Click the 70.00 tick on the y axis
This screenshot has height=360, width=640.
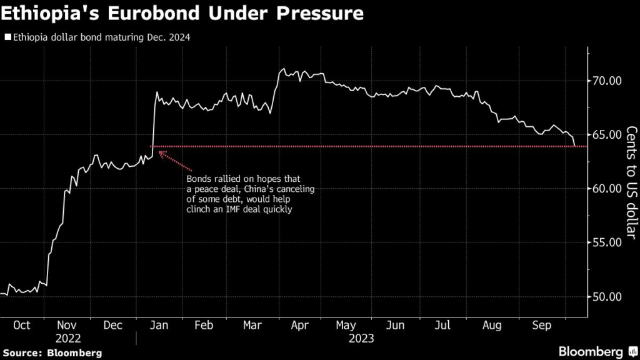tap(607, 81)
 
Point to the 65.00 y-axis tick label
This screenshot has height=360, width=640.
tap(607, 134)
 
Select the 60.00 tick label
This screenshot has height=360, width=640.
tap(607, 188)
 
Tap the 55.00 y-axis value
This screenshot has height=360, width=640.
tap(607, 242)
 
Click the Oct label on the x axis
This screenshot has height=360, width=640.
tap(22, 326)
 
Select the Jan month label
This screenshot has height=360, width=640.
tap(159, 326)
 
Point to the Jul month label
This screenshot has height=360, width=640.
tap(442, 326)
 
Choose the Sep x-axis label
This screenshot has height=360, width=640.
tap(541, 326)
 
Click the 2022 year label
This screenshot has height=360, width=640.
tap(69, 339)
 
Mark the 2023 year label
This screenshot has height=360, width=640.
tap(361, 339)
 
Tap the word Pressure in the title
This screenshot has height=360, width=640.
tap(319, 13)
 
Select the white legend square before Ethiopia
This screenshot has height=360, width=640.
tap(7, 37)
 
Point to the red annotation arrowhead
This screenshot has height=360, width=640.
tap(162, 152)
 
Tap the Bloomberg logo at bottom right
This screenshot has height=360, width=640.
tap(593, 351)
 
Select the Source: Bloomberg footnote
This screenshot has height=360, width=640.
tap(52, 352)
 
